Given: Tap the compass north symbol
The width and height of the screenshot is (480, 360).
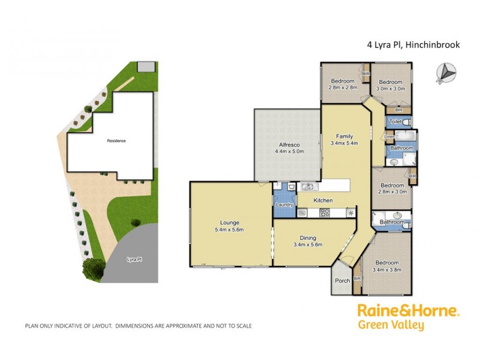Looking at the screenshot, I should [x=447, y=71].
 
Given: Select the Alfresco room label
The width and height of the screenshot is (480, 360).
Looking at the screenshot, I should [x=289, y=145].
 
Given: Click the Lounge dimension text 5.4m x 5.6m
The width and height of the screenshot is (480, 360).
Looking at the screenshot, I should [x=230, y=230].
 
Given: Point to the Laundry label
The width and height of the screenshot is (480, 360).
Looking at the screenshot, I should [x=284, y=205].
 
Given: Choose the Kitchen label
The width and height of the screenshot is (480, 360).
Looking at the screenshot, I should [x=323, y=200].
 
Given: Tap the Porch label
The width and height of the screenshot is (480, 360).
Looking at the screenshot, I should [x=341, y=281].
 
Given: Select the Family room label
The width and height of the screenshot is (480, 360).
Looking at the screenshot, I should [x=344, y=136].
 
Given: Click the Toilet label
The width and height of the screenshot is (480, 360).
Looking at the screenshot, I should [x=395, y=122].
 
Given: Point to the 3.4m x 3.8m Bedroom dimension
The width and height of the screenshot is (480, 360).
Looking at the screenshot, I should [x=386, y=270].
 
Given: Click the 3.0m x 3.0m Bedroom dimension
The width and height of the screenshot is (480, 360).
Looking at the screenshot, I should [x=390, y=88].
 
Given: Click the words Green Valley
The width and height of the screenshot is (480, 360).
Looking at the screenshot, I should [x=391, y=326].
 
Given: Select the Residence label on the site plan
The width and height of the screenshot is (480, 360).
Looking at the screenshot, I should [x=116, y=140].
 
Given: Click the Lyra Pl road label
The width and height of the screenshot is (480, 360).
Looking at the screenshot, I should [x=134, y=260].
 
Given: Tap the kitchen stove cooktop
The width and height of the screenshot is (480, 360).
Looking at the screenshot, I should [x=325, y=212].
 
